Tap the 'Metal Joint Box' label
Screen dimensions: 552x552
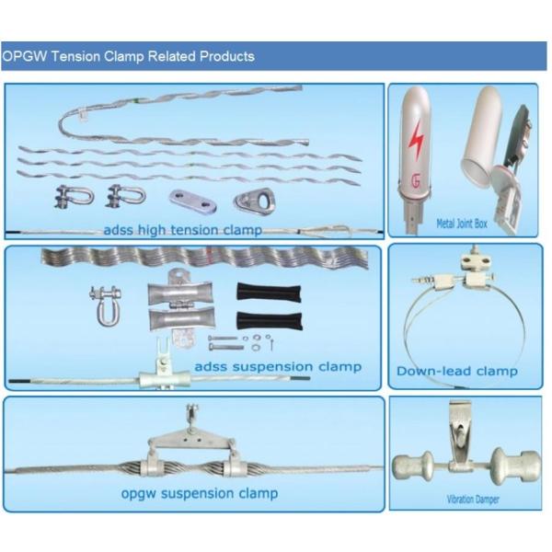(x=462, y=224)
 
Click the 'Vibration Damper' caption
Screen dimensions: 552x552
(x=473, y=499)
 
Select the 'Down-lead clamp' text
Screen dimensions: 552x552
(x=457, y=371)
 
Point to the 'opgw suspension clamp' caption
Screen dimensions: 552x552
(x=200, y=493)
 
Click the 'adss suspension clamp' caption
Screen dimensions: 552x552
(x=278, y=366)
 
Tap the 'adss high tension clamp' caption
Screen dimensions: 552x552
(x=183, y=230)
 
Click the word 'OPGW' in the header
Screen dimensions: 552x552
(x=24, y=56)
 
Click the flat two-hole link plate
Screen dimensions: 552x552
(x=192, y=201)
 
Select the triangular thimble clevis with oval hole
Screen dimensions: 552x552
(x=254, y=201)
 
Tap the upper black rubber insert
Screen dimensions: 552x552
(x=269, y=292)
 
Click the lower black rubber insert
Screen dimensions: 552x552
(x=270, y=321)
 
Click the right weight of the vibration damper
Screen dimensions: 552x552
(x=514, y=466)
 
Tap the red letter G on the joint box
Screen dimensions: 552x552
(x=416, y=181)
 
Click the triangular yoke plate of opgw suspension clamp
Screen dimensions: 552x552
(x=191, y=440)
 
